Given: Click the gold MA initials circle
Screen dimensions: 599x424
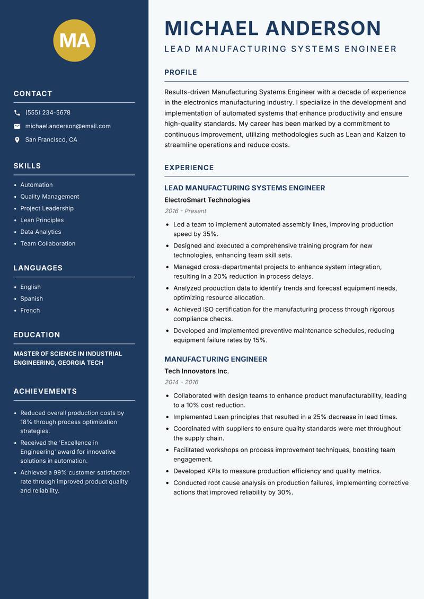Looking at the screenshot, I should point(74,40).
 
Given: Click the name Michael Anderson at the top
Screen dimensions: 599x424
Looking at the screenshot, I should point(272,28).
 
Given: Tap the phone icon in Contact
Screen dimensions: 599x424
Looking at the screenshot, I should point(17,113).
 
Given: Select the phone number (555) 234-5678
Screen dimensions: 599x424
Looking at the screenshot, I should point(48,113).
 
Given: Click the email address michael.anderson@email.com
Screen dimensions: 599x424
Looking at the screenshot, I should point(68,126).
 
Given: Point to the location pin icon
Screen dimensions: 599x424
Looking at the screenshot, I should point(17,140).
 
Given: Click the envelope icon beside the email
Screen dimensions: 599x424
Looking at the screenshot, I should point(17,126).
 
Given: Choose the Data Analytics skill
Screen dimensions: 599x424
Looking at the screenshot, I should point(41,232).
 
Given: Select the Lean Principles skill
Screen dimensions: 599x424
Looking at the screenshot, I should point(42,220).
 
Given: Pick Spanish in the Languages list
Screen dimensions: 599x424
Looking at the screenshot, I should point(32,298).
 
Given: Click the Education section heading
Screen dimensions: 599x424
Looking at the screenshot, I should point(37,335).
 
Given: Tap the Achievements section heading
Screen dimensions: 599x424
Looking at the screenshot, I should point(45,391).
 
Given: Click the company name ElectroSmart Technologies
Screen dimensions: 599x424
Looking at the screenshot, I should point(207,200).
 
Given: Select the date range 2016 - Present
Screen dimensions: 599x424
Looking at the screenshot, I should point(185,211).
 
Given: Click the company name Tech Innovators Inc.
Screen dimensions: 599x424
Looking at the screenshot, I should point(197,371).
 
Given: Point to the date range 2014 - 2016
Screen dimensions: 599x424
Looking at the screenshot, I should point(181,382).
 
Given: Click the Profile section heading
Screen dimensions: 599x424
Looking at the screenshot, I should point(180,73).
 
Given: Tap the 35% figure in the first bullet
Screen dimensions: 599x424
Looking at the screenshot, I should point(210,234).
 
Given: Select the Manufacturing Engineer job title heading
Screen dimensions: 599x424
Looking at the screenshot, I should point(216,359).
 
